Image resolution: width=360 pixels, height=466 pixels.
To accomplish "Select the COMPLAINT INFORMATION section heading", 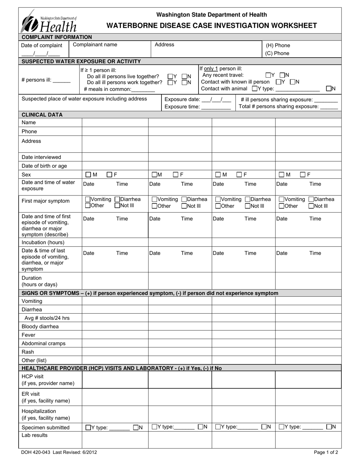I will [x=57, y=37].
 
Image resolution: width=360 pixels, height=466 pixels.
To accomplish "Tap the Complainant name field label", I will [x=95, y=45].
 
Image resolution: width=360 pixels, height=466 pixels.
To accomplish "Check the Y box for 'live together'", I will [x=171, y=76].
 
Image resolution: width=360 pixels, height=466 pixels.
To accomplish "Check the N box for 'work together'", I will [x=185, y=82].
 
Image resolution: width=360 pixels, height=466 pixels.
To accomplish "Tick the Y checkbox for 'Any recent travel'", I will [x=268, y=75].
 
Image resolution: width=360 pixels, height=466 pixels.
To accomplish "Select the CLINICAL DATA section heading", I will [x=42, y=114].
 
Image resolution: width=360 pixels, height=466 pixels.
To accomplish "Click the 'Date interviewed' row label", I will [x=41, y=157].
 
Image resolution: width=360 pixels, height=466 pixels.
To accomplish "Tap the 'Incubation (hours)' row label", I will [x=43, y=242].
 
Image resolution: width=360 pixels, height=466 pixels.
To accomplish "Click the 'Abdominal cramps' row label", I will [x=44, y=344].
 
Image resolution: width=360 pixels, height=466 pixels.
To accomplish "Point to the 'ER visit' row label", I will [x=30, y=394].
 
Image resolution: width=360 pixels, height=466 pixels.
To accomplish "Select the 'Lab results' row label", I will [x=34, y=435].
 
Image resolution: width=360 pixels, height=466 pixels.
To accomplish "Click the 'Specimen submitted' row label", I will [x=45, y=427].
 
